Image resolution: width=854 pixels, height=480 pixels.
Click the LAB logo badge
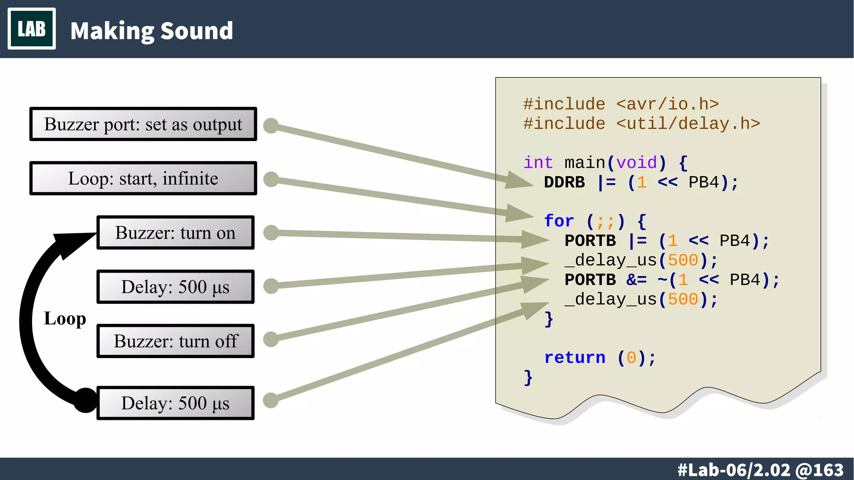[x=32, y=29]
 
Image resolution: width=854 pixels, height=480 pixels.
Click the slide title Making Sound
[x=151, y=31]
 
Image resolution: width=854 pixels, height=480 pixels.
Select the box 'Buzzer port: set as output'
[x=143, y=124]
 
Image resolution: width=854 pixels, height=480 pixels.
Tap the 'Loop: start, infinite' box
[x=143, y=179]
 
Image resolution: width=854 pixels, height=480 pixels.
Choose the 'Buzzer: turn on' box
[x=175, y=233]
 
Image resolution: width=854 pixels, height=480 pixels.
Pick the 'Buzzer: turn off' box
[x=175, y=341]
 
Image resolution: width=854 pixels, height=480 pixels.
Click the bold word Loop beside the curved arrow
[x=65, y=318]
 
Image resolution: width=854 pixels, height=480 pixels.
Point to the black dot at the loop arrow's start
[x=85, y=400]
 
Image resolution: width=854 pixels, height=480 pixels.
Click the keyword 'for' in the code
[x=559, y=221]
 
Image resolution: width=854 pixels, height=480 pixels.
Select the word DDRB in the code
[x=564, y=182]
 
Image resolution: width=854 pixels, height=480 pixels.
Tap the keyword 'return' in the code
[x=575, y=358]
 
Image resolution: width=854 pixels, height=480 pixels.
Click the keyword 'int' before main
[x=538, y=162]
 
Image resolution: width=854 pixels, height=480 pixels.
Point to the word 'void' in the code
[x=636, y=162]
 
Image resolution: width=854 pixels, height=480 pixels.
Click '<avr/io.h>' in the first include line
[x=667, y=104]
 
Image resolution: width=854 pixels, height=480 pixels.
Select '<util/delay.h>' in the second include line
[x=688, y=124]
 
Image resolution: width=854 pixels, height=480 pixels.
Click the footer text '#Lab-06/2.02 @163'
[x=760, y=470]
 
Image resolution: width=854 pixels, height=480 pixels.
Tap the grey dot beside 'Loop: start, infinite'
[x=271, y=179]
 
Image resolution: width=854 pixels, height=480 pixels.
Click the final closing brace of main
[x=528, y=378]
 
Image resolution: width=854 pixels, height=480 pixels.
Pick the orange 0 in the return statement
[x=631, y=358]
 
